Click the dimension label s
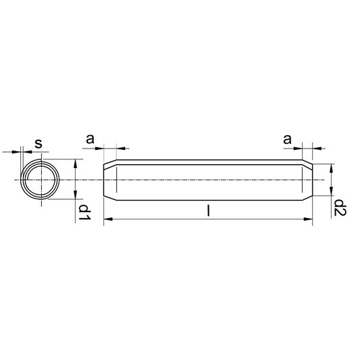pos(38,143)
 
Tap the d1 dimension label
pos(84,212)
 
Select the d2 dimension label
pos(340,207)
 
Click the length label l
pos(208,211)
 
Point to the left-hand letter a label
pos(90,139)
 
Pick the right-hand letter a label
pos(287,139)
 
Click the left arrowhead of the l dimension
pos(108,219)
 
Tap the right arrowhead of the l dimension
pos(308,219)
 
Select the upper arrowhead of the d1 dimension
pos(75,163)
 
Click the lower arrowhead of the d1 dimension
pos(75,195)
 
